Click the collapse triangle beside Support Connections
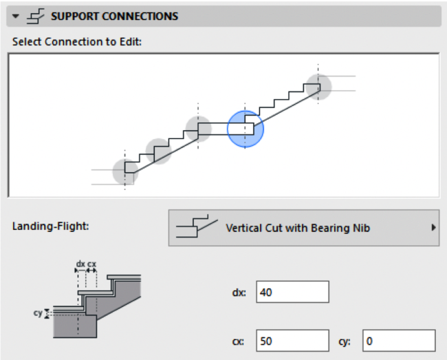(16, 16)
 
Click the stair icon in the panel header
(36, 16)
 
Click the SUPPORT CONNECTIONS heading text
(114, 16)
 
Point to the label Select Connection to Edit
(76, 41)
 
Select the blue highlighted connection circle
(246, 129)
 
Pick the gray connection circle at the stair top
(318, 86)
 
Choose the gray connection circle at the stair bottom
(125, 172)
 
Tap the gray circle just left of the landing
(198, 129)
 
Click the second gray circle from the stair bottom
(159, 151)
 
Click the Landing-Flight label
(45, 227)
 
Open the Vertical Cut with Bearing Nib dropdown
(303, 228)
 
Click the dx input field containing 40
(292, 292)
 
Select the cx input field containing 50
(292, 340)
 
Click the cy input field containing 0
(398, 340)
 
